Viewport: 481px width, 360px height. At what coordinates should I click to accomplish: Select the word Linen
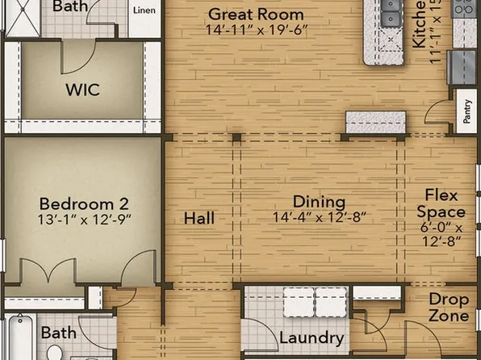click(144, 10)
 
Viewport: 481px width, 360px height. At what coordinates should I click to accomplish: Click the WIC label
click(83, 89)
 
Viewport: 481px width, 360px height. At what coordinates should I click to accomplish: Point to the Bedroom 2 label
click(85, 203)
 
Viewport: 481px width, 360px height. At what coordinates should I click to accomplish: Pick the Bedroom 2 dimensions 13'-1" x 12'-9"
click(85, 219)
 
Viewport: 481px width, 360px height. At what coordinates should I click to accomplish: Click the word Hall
click(199, 219)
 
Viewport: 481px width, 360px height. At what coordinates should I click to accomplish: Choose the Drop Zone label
click(449, 306)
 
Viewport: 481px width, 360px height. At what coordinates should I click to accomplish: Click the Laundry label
click(312, 338)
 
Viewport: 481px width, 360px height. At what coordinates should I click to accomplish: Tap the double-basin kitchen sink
click(388, 12)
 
